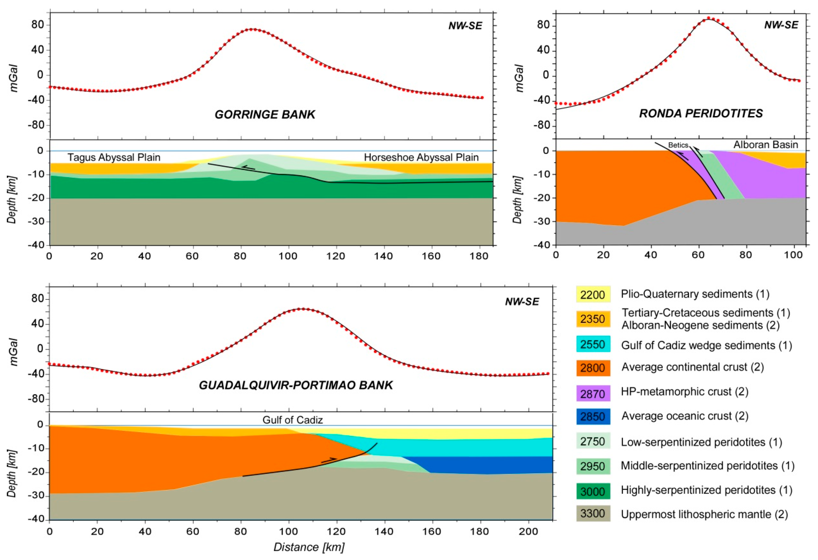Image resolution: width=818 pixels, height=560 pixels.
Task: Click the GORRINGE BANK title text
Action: [x=265, y=114]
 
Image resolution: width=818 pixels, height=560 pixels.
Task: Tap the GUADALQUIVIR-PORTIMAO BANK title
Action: [x=296, y=385]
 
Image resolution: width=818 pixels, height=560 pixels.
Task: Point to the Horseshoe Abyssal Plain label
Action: [x=421, y=157]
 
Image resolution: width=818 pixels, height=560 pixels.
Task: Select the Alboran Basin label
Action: [x=765, y=145]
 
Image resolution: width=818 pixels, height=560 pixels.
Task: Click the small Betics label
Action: [x=678, y=145]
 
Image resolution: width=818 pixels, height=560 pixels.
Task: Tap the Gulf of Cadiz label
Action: [x=293, y=420]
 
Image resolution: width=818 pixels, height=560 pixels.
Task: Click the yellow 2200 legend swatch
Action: [x=593, y=294]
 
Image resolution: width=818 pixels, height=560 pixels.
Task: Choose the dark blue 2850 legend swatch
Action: [x=593, y=417]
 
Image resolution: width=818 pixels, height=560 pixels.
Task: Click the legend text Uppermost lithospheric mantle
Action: [x=704, y=514]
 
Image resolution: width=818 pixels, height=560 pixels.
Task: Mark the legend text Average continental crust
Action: [x=692, y=367]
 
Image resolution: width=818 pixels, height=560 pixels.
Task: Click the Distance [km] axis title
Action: [x=309, y=547]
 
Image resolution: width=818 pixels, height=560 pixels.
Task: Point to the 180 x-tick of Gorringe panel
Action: [x=479, y=256]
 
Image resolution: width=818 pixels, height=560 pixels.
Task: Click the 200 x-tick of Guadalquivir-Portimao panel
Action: [x=528, y=532]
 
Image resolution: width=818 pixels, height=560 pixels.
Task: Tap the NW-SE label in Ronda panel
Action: [x=781, y=25]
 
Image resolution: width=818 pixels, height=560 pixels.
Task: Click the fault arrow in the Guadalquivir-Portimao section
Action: [x=329, y=460]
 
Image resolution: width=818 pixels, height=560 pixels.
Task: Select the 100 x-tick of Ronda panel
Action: [x=793, y=255]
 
